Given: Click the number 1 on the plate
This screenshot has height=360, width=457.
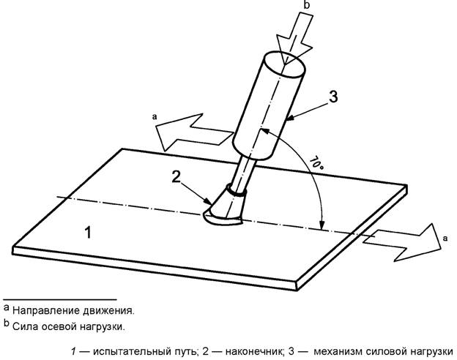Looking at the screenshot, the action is (x=88, y=233).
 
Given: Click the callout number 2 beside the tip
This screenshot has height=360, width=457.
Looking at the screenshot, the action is (x=176, y=177).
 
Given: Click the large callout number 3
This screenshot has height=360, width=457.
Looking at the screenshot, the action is (x=333, y=97).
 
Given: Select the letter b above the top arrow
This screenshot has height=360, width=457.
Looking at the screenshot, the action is (x=307, y=5).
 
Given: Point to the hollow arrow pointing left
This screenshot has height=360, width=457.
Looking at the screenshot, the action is (x=194, y=132).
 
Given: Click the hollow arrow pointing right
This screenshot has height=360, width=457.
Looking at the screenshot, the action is (x=402, y=241).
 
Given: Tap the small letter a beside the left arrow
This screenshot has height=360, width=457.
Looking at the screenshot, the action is (x=155, y=117).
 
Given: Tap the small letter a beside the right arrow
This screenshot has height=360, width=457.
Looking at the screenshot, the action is (x=445, y=239).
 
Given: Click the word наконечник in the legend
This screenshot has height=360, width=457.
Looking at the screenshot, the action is (x=254, y=351).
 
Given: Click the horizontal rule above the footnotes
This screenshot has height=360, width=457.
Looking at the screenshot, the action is (x=60, y=299).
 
